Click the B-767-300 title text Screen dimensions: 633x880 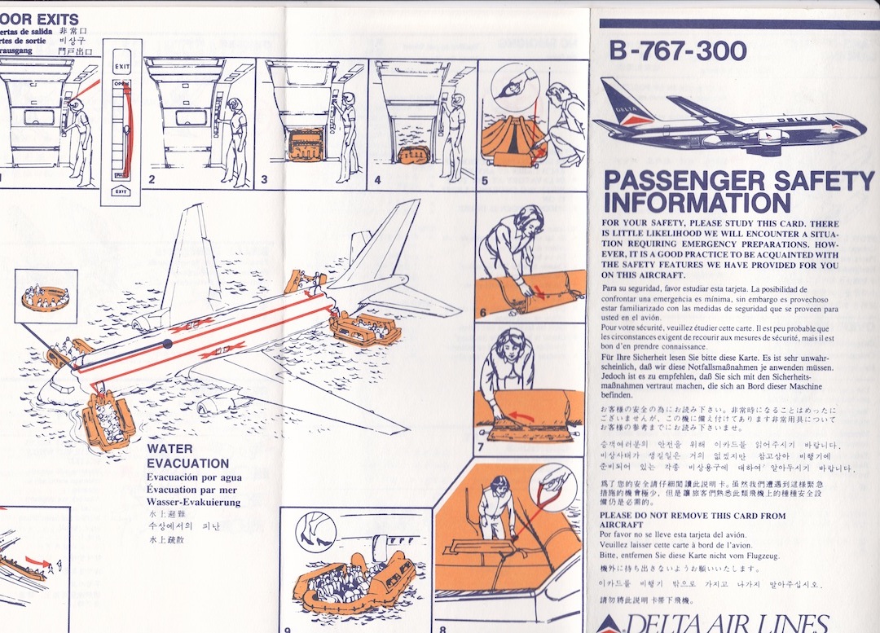677,51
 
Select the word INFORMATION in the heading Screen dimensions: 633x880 696,202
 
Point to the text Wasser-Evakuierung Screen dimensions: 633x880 193,503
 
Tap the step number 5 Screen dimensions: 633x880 485,181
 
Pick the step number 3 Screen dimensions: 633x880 265,181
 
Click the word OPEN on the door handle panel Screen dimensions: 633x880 121,84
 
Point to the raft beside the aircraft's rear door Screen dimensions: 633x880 364,327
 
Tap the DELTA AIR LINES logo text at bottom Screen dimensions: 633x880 721,624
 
